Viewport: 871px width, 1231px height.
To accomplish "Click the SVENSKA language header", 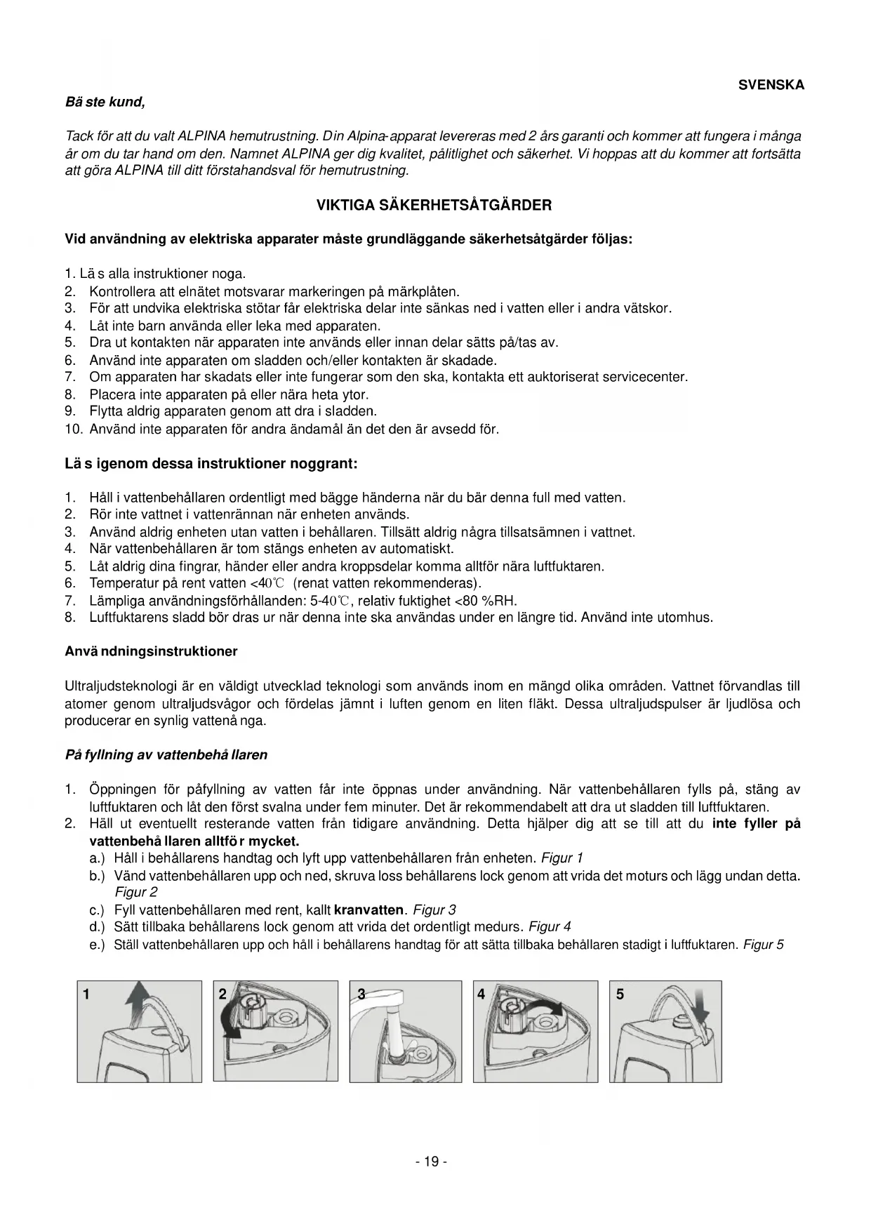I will pos(771,85).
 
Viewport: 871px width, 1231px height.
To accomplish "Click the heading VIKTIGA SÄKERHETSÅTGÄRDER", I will pos(434,206).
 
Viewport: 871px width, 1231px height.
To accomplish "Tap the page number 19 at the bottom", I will pos(431,1162).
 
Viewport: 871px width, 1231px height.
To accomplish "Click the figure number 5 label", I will pos(620,994).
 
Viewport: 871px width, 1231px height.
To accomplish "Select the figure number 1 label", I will pos(86,994).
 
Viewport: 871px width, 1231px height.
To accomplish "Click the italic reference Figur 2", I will pos(136,893).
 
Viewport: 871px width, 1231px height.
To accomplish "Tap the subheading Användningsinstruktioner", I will pos(151,651).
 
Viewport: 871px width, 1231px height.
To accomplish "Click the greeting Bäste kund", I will pos(105,102).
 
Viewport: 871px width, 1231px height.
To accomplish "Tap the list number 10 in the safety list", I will pos(74,429).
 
